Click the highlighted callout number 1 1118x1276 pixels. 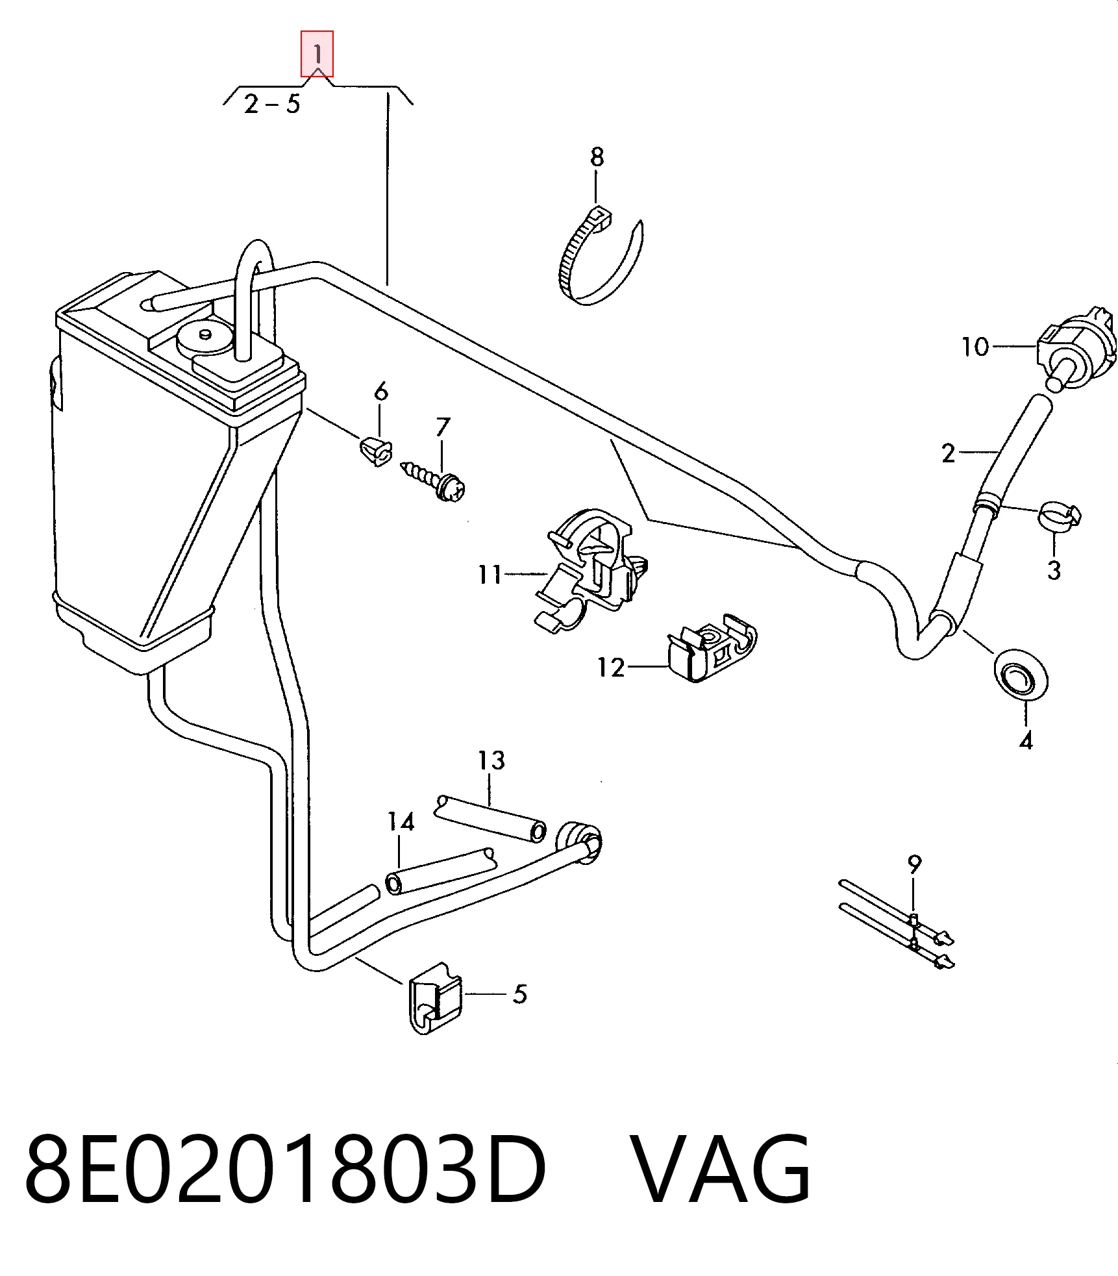(317, 53)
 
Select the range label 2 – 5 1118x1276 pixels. (272, 104)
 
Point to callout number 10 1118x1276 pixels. (976, 347)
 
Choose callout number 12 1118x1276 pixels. (611, 667)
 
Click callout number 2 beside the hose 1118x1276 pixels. (949, 453)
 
